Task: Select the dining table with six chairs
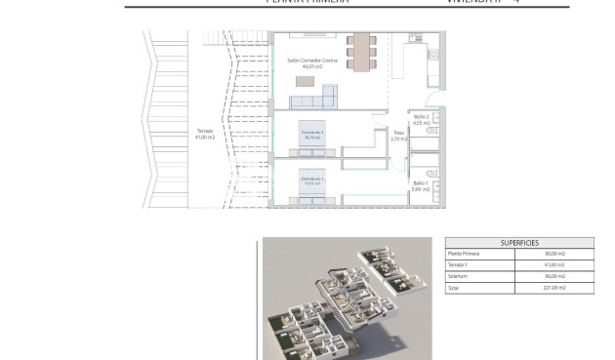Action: coord(362,51)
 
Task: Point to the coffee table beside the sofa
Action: coord(307,81)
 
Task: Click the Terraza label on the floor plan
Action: coord(204,130)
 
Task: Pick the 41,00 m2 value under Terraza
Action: coord(204,137)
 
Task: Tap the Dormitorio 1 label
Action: coord(312,178)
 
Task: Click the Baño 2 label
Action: coord(421,116)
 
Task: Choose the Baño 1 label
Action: coord(420,182)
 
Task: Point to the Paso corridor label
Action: coord(398,133)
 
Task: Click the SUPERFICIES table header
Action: coord(518,243)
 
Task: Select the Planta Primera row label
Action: coord(464,254)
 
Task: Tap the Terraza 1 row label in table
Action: coord(459,265)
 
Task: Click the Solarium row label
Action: coord(458,277)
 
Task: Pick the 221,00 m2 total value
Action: coord(554,289)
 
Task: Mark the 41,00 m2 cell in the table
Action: coord(554,265)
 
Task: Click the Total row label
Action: coord(453,289)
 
